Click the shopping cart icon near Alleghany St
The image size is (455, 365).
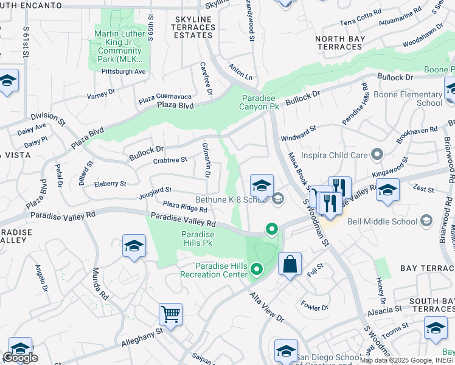pyautogui.click(x=170, y=315)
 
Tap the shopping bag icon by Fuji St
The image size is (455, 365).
pyautogui.click(x=290, y=264)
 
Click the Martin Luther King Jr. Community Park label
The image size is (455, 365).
pyautogui.click(x=119, y=46)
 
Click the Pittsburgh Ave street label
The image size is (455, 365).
pyautogui.click(x=123, y=71)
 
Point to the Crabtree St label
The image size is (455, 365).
pyautogui.click(x=170, y=159)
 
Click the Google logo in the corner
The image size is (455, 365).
pyautogui.click(x=21, y=358)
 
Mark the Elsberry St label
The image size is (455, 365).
pyautogui.click(x=110, y=183)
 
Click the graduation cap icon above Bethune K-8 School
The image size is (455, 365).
pyautogui.click(x=262, y=185)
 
